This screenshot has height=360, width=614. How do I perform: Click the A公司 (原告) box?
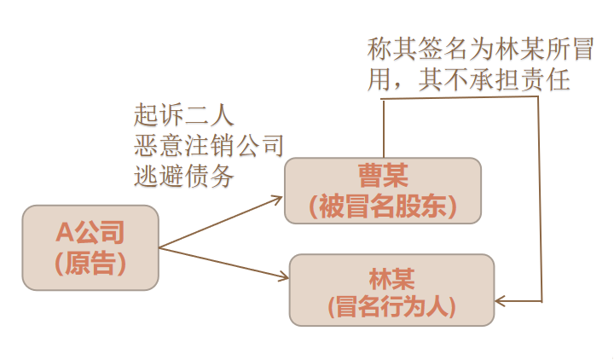90,247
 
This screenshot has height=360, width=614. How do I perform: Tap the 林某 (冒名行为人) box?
392,290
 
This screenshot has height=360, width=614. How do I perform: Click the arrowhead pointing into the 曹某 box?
278,198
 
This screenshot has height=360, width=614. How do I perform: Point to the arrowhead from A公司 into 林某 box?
283,276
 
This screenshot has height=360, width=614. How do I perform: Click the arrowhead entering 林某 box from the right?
501,300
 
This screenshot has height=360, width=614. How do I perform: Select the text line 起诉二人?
183,113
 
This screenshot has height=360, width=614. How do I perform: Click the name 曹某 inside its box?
383,177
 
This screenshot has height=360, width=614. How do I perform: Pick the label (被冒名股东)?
383,206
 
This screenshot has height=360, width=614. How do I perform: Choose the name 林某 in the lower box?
391,276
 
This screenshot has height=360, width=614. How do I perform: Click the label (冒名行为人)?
392,305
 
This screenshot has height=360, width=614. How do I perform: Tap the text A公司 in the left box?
90,232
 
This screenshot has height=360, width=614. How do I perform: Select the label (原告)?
90,263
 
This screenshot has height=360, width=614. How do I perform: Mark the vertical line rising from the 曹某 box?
383,128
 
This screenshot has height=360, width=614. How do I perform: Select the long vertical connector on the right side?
541,196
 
